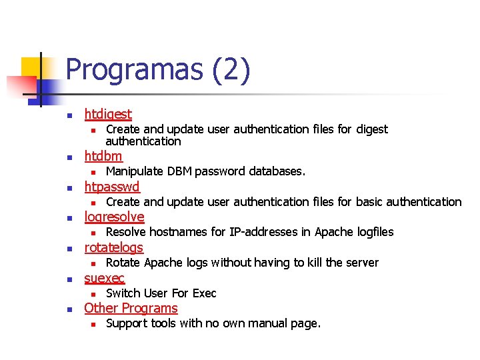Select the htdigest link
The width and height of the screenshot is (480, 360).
click(108, 115)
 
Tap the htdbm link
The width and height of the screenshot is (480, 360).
click(103, 156)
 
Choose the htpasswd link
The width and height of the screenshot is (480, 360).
click(112, 186)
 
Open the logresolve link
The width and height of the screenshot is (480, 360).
click(114, 217)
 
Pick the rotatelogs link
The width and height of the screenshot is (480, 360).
click(113, 247)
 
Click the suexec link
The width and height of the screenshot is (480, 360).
click(104, 278)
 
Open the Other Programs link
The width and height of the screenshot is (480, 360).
click(131, 308)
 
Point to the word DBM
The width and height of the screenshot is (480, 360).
click(179, 171)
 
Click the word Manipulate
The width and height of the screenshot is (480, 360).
click(135, 171)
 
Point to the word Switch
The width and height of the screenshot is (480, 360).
click(123, 293)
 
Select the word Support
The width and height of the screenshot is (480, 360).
click(127, 324)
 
